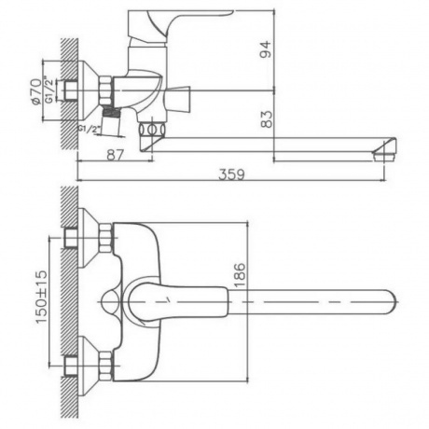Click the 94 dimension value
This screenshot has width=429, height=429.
click(x=266, y=49)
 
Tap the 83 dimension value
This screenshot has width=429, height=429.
click(x=266, y=119)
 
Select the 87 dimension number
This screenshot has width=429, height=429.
click(x=116, y=155)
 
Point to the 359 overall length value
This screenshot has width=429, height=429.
click(x=231, y=174)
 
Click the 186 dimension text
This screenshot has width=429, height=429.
click(x=240, y=275)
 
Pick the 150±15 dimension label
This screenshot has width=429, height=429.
click(x=41, y=297)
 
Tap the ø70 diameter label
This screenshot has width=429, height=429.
click(x=35, y=91)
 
